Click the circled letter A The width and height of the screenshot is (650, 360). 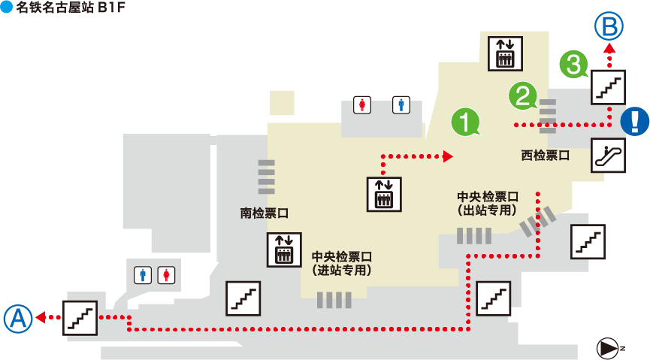(x=19, y=319)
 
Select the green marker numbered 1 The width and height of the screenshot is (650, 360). (x=465, y=122)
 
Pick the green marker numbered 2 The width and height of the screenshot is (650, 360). (x=523, y=95)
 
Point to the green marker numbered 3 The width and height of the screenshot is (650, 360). (x=574, y=63)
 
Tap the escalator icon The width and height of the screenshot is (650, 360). (x=609, y=156)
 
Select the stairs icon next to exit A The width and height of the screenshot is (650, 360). (x=80, y=317)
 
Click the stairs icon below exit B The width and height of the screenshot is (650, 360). (x=609, y=86)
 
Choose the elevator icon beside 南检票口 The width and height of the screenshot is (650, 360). (x=284, y=250)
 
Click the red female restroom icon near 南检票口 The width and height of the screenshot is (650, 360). (x=165, y=275)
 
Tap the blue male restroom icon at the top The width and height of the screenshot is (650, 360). (x=402, y=105)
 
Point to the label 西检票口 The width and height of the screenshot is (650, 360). (x=545, y=156)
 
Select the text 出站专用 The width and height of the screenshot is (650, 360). (x=488, y=210)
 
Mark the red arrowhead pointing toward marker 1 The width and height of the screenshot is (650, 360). (x=448, y=156)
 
